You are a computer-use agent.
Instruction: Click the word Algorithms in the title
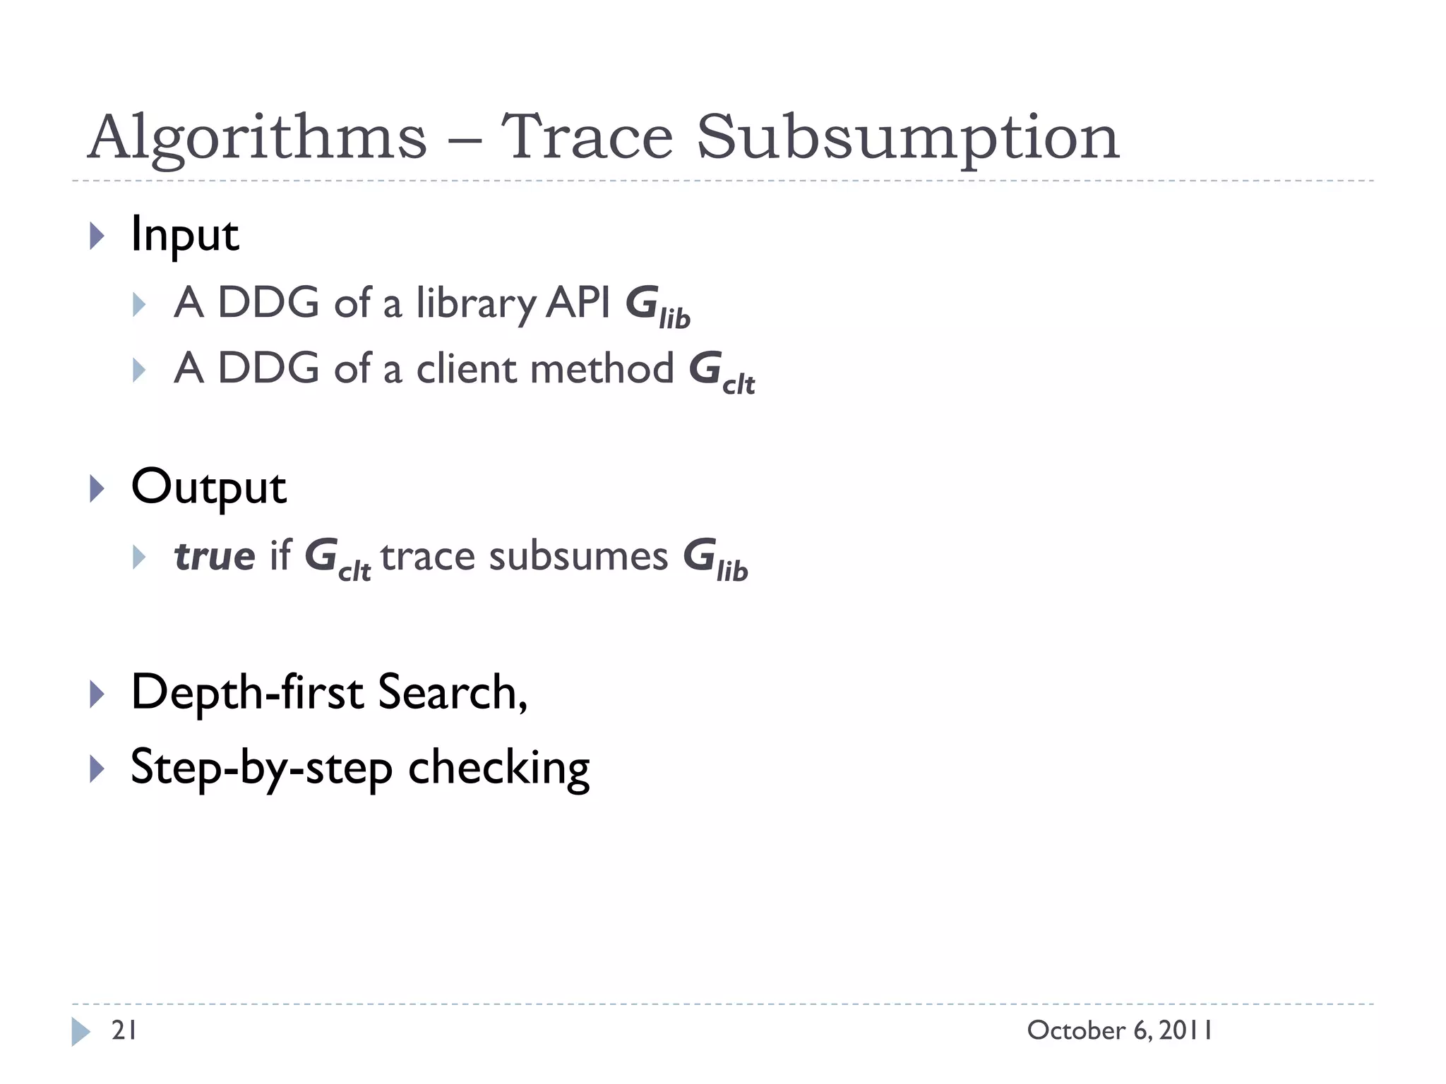pyautogui.click(x=258, y=138)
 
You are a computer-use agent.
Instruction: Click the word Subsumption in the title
pyautogui.click(x=908, y=138)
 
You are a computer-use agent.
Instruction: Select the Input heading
pyautogui.click(x=185, y=235)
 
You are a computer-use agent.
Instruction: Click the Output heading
pyautogui.click(x=209, y=488)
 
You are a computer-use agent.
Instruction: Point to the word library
pyautogui.click(x=477, y=304)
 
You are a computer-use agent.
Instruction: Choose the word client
pyautogui.click(x=467, y=369)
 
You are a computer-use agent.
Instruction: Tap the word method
pyautogui.click(x=603, y=368)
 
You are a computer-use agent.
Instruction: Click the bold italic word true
pyautogui.click(x=214, y=556)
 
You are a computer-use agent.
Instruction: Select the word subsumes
pyautogui.click(x=578, y=556)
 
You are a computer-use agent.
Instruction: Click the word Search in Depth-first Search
pyautogui.click(x=452, y=692)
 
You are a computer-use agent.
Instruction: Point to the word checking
pyautogui.click(x=498, y=768)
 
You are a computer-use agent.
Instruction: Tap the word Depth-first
pyautogui.click(x=248, y=692)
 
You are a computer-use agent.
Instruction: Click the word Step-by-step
pyautogui.click(x=261, y=768)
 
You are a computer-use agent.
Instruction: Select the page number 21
pyautogui.click(x=124, y=1031)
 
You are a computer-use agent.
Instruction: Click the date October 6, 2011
pyautogui.click(x=1120, y=1031)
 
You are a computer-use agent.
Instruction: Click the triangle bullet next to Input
pyautogui.click(x=97, y=236)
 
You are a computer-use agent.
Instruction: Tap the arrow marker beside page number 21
pyautogui.click(x=81, y=1032)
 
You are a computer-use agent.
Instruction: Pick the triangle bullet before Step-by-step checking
pyautogui.click(x=97, y=769)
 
